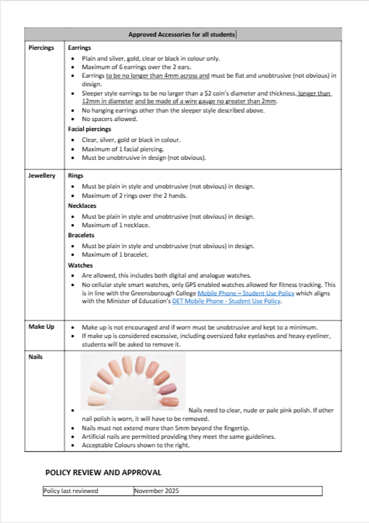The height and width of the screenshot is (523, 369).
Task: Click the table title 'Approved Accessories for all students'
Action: (x=181, y=34)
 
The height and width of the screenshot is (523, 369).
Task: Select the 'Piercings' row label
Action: (x=41, y=48)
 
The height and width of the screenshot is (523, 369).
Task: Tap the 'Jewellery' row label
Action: (x=42, y=176)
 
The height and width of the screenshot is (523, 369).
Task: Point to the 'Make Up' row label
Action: (x=41, y=326)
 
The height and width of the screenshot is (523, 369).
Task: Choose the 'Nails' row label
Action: (x=35, y=357)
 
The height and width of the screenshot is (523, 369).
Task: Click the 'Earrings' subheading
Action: (x=79, y=48)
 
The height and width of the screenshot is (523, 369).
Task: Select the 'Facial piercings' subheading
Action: (x=89, y=129)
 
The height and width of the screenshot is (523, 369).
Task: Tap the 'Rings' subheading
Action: (x=75, y=176)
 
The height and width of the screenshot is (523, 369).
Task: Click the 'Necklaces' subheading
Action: (x=82, y=206)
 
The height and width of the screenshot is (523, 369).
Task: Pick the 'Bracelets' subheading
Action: (x=81, y=235)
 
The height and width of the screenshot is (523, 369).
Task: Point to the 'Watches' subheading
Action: (x=80, y=265)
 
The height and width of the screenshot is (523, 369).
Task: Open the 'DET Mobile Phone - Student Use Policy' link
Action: (x=226, y=301)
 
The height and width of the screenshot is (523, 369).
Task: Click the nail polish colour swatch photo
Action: (x=133, y=381)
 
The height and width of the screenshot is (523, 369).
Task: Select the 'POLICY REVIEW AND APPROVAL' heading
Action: (x=103, y=472)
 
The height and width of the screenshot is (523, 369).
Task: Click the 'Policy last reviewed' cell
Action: (x=71, y=491)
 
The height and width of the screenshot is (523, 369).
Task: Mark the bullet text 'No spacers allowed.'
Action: (x=109, y=119)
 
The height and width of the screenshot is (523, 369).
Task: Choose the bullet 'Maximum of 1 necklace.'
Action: (x=116, y=225)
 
